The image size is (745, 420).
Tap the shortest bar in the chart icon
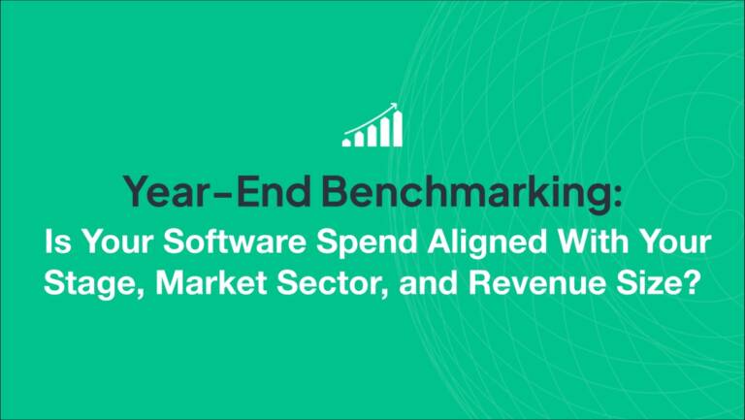[346, 142]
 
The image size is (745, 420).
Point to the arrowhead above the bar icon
[394, 107]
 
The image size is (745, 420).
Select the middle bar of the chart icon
[372, 137]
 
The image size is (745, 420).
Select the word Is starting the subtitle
[58, 243]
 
